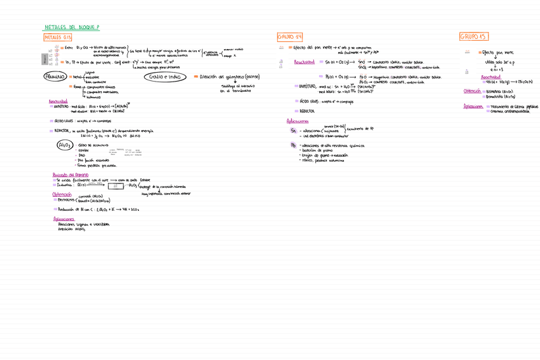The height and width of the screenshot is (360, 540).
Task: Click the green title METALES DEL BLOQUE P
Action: point(72,27)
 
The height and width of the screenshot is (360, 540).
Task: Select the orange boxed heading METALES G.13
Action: point(58,38)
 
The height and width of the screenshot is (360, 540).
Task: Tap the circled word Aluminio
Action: point(55,76)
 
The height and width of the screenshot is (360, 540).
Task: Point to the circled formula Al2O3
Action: point(65,145)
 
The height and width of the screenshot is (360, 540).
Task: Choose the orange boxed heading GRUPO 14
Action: point(290,37)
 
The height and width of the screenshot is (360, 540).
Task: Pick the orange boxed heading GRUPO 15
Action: point(473,36)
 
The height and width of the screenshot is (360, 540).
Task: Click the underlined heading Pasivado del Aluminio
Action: point(70,174)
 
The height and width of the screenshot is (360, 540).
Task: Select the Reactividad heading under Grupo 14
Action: point(304,62)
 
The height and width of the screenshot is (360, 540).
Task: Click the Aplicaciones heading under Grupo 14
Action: point(297,120)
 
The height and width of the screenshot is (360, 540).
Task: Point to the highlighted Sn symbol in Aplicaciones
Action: point(294,130)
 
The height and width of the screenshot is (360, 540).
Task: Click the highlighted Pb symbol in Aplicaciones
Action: point(294,145)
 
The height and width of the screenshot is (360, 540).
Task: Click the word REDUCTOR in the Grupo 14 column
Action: point(307,111)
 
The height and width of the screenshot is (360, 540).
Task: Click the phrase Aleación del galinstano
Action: point(225,76)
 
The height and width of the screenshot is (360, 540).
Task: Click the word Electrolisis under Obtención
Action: point(66,200)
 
